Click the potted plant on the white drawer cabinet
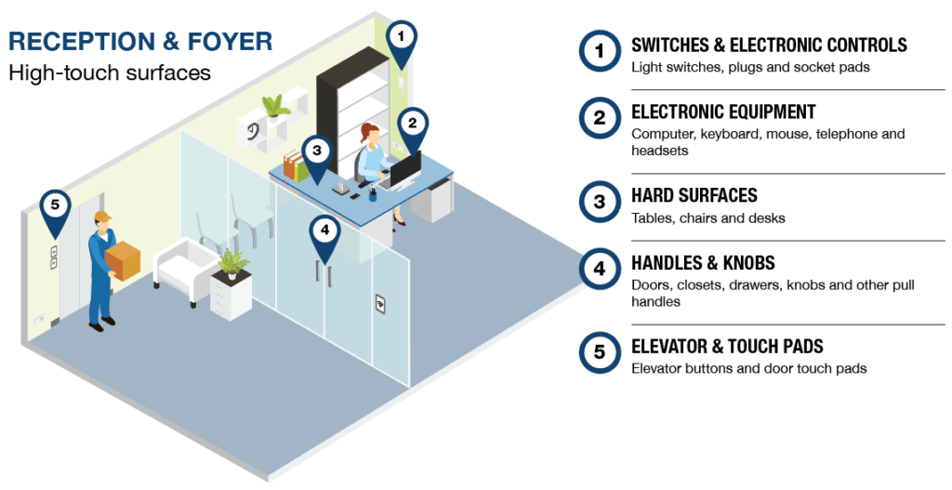231,264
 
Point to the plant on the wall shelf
275,107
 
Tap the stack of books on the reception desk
296,167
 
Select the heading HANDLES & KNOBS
703,263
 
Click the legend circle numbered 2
599,117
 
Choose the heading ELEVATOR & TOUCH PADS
727,347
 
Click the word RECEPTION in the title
68,41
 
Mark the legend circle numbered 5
599,351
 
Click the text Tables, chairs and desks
708,219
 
